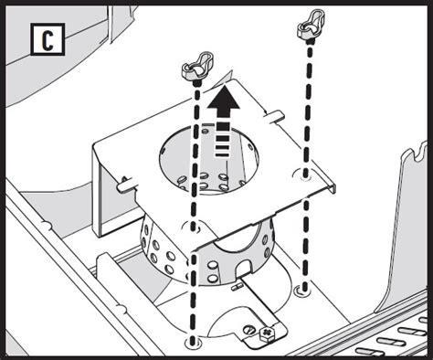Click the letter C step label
pos(48,39)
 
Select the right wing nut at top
pos(311,24)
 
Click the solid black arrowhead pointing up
pos(224,101)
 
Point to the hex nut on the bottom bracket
pos(267,333)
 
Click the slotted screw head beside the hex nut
pos(249,330)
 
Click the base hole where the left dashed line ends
pos(193,342)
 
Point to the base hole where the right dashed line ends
pos(303,290)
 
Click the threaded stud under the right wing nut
pos(311,40)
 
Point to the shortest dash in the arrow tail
pos(222,154)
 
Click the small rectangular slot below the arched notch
pos(236,288)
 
